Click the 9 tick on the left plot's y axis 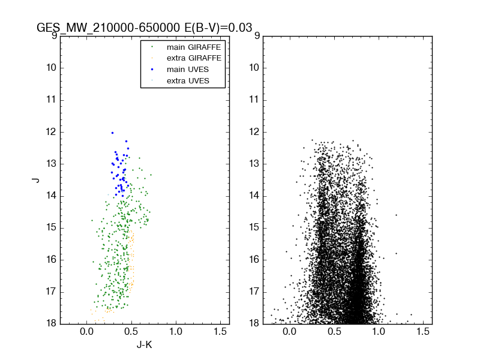tap(54, 35)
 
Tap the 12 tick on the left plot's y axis tap(52, 131)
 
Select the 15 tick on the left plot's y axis tap(52, 227)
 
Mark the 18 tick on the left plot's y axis tap(52, 323)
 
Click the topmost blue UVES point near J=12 tap(112, 133)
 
